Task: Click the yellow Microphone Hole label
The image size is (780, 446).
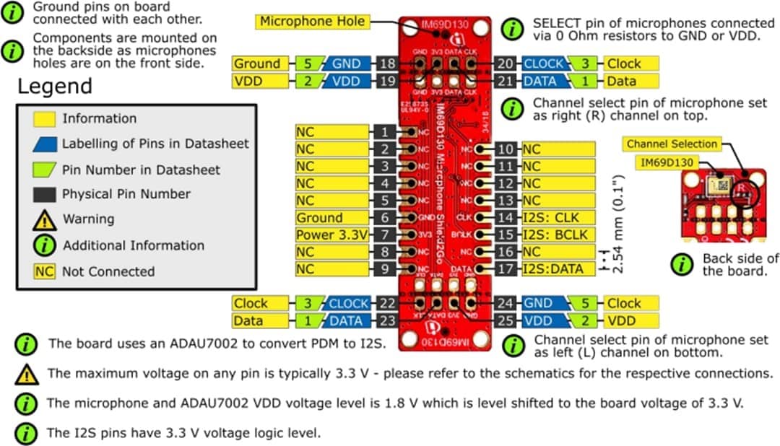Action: tap(312, 22)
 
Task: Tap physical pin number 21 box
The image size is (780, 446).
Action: tap(506, 81)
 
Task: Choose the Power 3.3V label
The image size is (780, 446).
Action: tap(332, 235)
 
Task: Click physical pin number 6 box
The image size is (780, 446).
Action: tap(386, 218)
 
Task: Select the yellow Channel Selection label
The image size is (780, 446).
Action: tap(672, 144)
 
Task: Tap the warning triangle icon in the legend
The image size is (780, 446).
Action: tap(45, 219)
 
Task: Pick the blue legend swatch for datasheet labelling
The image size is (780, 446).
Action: tap(45, 144)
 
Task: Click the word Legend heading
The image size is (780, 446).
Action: tap(55, 87)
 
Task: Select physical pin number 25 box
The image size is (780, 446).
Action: tap(506, 320)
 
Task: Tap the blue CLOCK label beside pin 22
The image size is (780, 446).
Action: tap(349, 304)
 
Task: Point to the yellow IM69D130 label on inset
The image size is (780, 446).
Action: tap(667, 163)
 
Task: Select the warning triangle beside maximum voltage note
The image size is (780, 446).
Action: tap(27, 374)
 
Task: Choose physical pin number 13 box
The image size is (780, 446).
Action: tap(507, 201)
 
